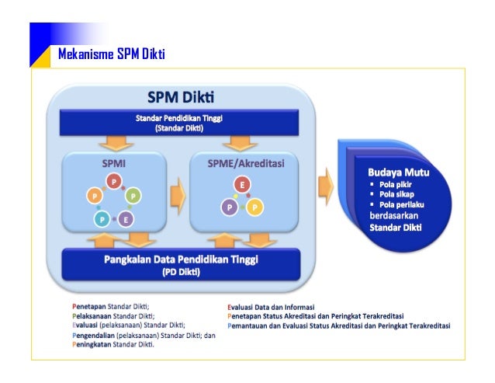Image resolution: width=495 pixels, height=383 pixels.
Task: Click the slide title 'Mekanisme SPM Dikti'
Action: coord(112,54)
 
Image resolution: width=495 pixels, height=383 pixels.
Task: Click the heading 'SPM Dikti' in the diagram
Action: coord(182,98)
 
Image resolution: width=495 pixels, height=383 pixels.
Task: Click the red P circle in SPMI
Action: coord(114,182)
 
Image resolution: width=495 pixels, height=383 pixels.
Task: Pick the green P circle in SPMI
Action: coord(133,197)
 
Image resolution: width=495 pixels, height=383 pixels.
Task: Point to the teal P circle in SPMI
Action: coord(102,220)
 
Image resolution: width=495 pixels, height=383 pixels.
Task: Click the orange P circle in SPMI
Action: coord(95,197)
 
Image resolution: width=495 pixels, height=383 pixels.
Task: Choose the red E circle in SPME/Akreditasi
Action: coord(243,186)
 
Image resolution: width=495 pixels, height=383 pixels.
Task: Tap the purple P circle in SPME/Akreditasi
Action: coord(230,207)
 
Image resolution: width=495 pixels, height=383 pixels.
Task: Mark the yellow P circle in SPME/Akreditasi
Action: coord(255,207)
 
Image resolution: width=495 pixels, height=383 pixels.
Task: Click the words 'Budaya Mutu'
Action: coord(398,172)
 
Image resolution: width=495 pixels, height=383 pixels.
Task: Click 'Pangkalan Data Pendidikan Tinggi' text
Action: coord(182,259)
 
